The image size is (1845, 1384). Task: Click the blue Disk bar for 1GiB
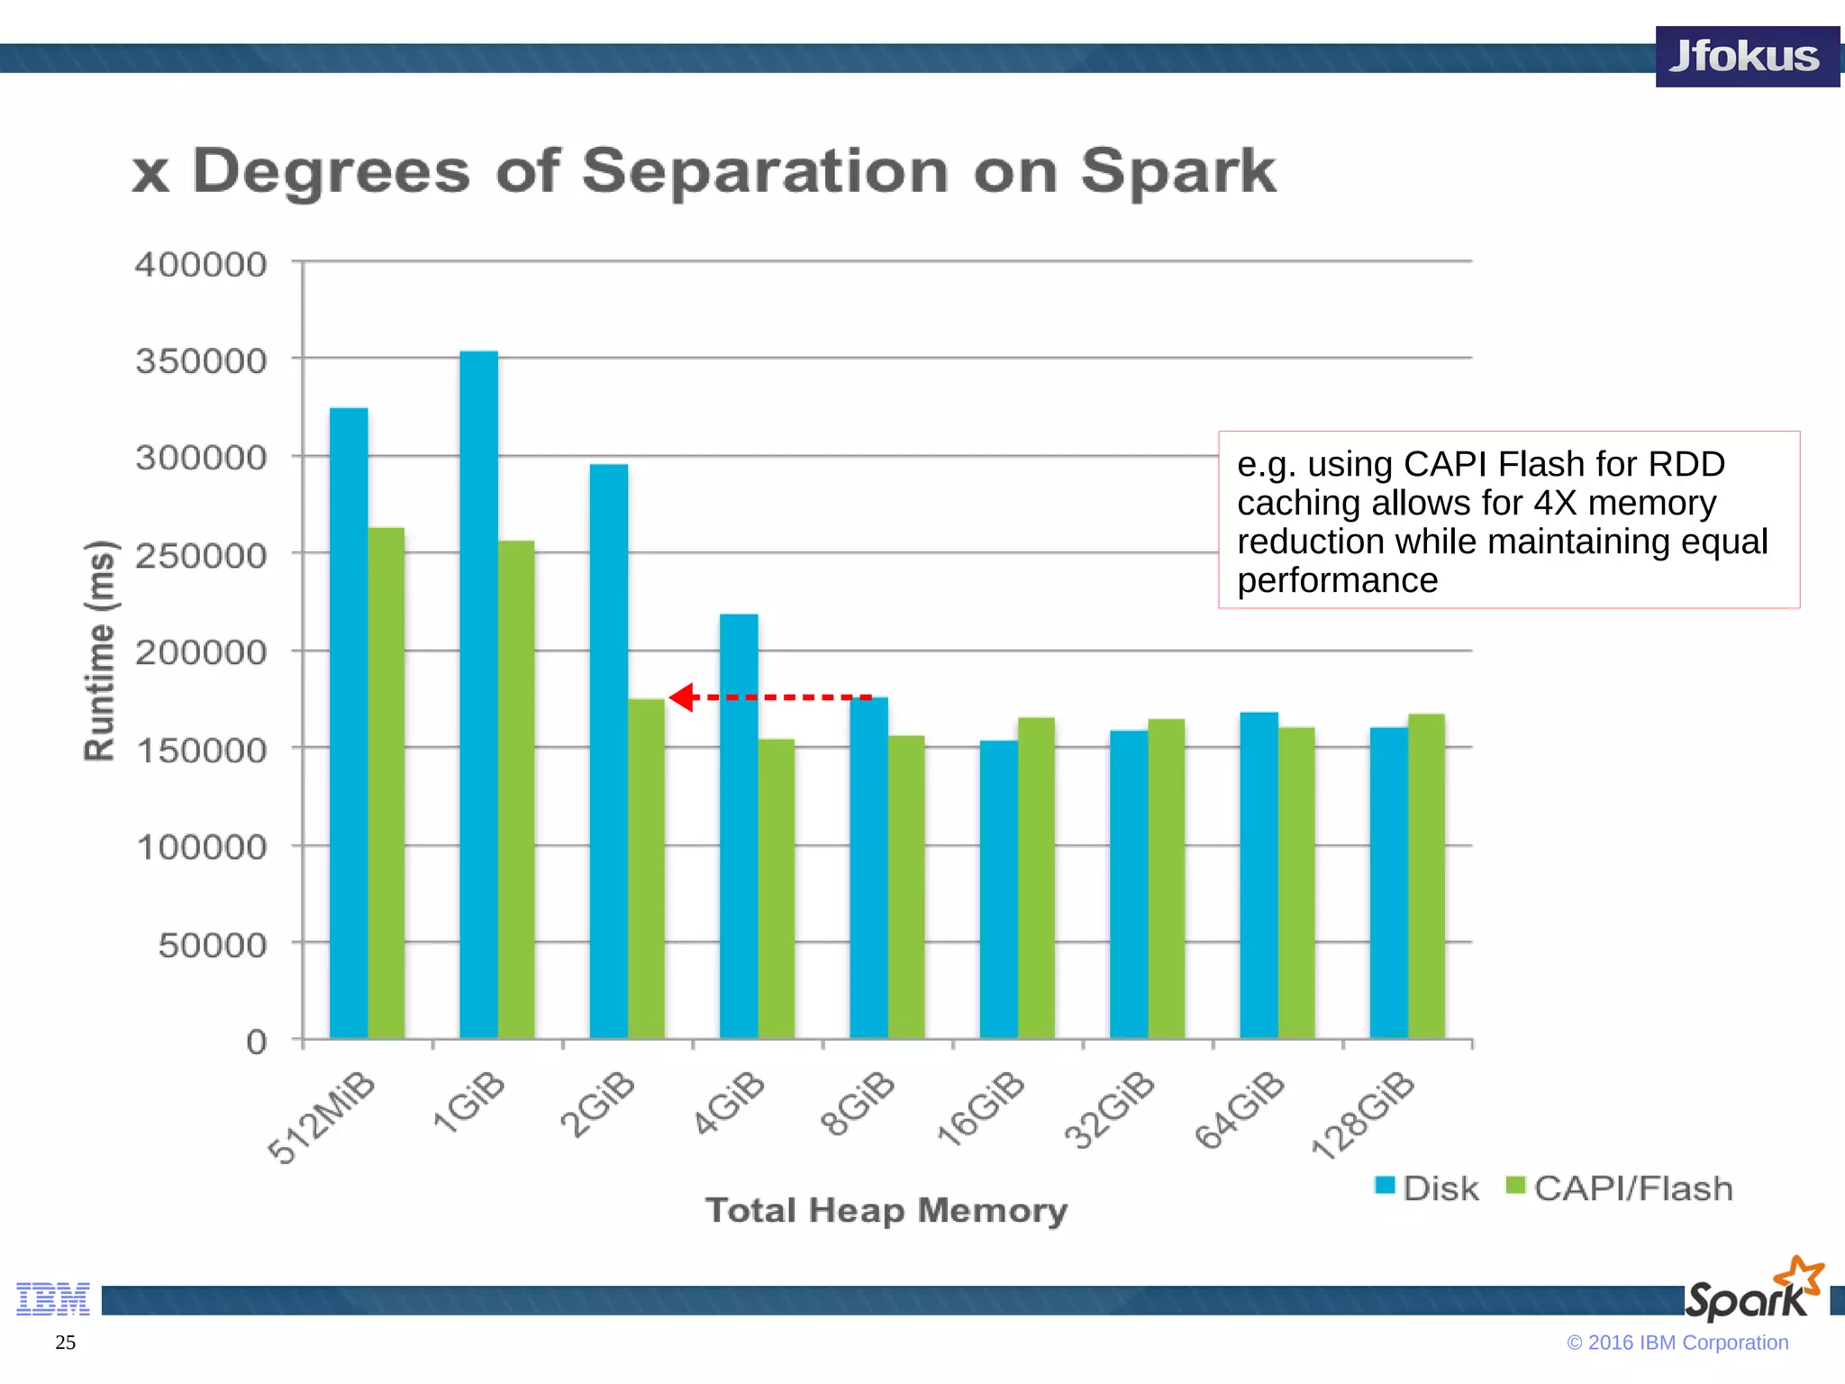tap(478, 694)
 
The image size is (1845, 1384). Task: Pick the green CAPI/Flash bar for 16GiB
tap(1036, 878)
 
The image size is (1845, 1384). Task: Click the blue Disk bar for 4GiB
tap(739, 825)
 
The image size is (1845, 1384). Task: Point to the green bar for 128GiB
tap(1426, 876)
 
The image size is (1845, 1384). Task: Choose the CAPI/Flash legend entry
tap(1619, 1188)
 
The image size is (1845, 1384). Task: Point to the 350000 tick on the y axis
tap(201, 361)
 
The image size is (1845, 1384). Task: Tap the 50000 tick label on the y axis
tap(213, 945)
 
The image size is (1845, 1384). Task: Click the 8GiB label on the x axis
tap(858, 1104)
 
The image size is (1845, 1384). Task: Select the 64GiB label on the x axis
tap(1240, 1110)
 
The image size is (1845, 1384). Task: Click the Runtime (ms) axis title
tap(100, 651)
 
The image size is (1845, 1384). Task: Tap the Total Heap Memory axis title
tap(886, 1210)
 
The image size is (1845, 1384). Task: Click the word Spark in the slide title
tap(1177, 170)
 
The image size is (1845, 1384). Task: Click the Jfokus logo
tap(1746, 57)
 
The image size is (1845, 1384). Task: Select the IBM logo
tap(53, 1298)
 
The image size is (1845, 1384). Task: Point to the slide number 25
tap(66, 1343)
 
